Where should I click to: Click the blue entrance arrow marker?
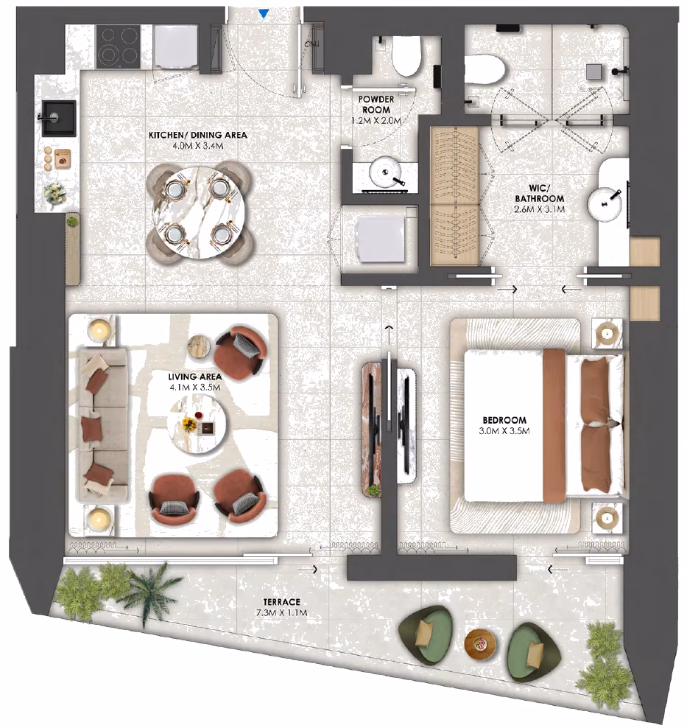tap(264, 14)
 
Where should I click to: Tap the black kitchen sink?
tap(59, 118)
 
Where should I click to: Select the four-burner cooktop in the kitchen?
tap(119, 46)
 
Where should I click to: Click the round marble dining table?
tap(200, 211)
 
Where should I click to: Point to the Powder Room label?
tap(376, 105)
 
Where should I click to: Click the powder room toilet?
tap(406, 56)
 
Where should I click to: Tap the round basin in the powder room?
tap(385, 172)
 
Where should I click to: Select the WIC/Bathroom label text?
tap(540, 193)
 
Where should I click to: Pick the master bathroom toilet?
tap(485, 70)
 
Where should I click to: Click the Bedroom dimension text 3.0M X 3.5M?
tap(504, 431)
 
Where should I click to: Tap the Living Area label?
tap(195, 377)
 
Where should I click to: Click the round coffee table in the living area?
tap(198, 426)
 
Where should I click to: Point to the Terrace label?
tap(281, 602)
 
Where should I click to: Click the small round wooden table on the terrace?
tap(480, 644)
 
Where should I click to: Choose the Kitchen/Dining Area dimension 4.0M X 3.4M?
tap(198, 146)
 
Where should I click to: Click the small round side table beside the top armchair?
tap(199, 346)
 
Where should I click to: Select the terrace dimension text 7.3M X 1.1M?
tap(281, 613)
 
